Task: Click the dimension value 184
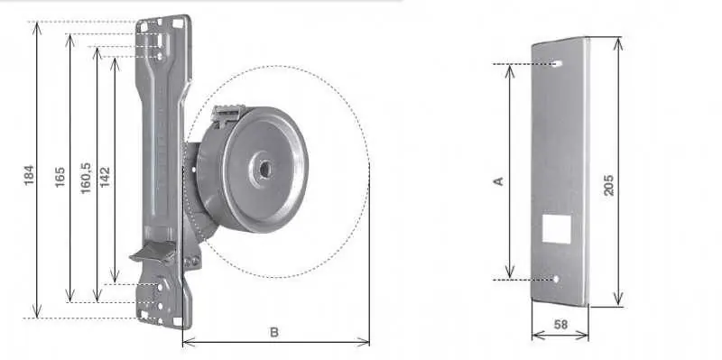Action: tap(29, 175)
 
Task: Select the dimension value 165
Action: tap(60, 177)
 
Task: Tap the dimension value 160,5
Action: tap(86, 178)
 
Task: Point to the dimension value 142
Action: tap(105, 177)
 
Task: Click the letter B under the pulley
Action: tap(274, 332)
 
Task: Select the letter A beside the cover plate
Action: tap(498, 181)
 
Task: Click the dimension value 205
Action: tap(608, 185)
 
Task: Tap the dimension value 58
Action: tap(560, 325)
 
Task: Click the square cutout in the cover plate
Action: tap(556, 228)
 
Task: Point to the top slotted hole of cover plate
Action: tap(557, 63)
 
